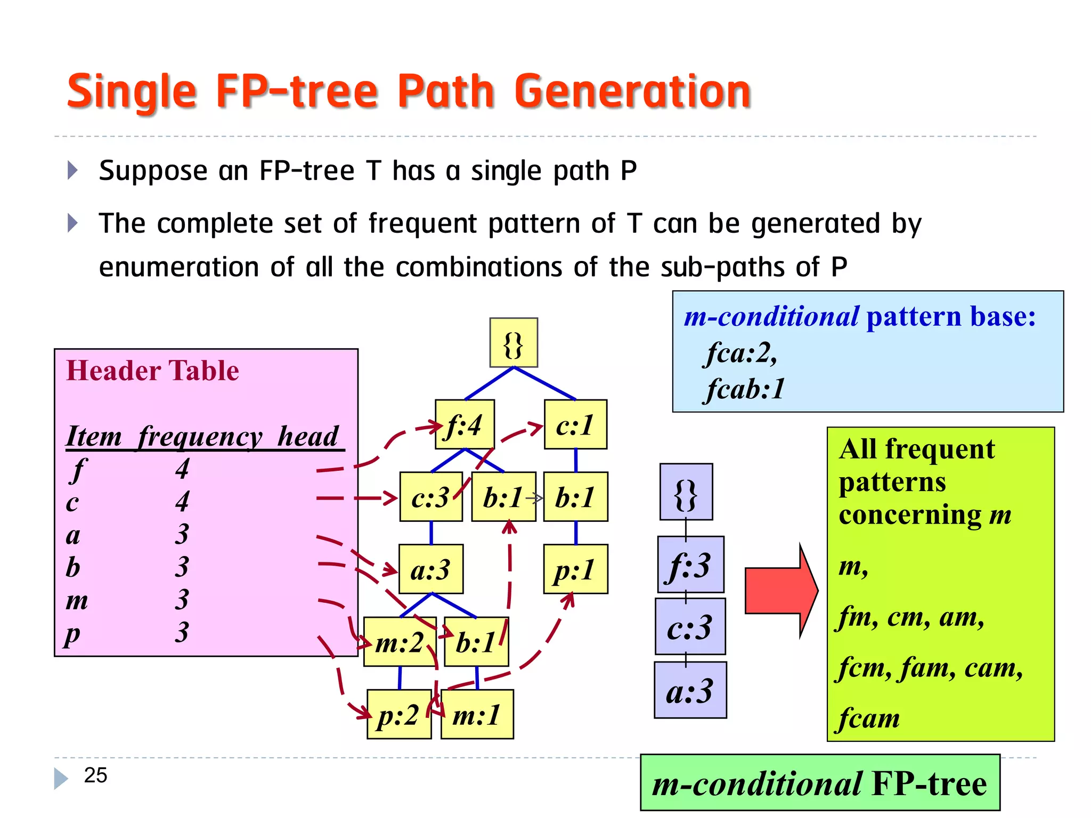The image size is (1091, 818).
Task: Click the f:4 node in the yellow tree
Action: (x=465, y=424)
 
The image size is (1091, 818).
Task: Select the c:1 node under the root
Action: (x=575, y=424)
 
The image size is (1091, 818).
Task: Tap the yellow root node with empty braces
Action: (x=514, y=343)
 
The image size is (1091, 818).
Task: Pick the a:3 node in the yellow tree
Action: (x=431, y=569)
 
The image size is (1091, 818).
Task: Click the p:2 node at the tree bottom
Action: (x=399, y=714)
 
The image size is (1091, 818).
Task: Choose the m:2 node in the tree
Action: (x=400, y=642)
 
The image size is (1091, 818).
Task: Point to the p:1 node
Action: (x=575, y=569)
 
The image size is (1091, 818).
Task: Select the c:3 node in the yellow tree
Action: (x=431, y=497)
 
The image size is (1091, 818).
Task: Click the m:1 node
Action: (x=477, y=714)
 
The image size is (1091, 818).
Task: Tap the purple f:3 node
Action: (x=690, y=565)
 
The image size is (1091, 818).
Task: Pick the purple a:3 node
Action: (x=690, y=690)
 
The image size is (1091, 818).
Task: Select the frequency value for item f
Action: (x=182, y=469)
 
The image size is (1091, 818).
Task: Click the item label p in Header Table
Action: (x=72, y=634)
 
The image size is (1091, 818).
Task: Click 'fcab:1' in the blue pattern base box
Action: (x=746, y=389)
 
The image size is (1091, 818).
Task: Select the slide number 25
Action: (x=95, y=775)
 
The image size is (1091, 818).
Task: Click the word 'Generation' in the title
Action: (x=632, y=92)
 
